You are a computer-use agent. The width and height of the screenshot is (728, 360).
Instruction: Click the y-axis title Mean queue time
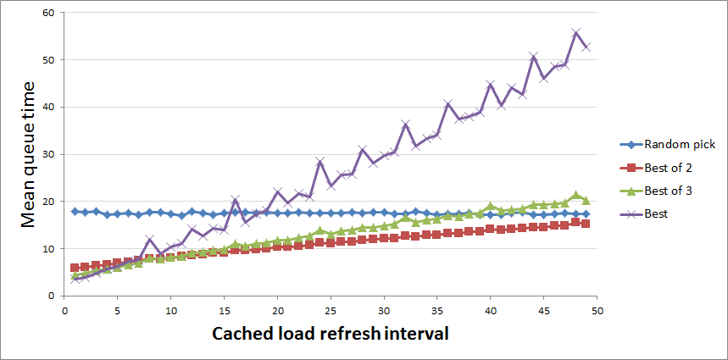(x=28, y=155)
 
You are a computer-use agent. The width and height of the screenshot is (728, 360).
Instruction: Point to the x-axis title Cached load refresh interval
(x=330, y=333)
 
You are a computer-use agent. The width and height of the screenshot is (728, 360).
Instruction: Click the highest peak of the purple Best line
(x=575, y=33)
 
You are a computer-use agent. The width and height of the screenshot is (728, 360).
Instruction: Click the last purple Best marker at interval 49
(x=586, y=47)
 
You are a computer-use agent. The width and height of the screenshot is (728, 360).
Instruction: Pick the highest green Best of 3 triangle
(x=575, y=195)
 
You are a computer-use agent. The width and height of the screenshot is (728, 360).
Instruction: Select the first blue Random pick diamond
(x=75, y=211)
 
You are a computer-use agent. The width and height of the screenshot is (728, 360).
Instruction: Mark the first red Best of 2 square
(x=75, y=268)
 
